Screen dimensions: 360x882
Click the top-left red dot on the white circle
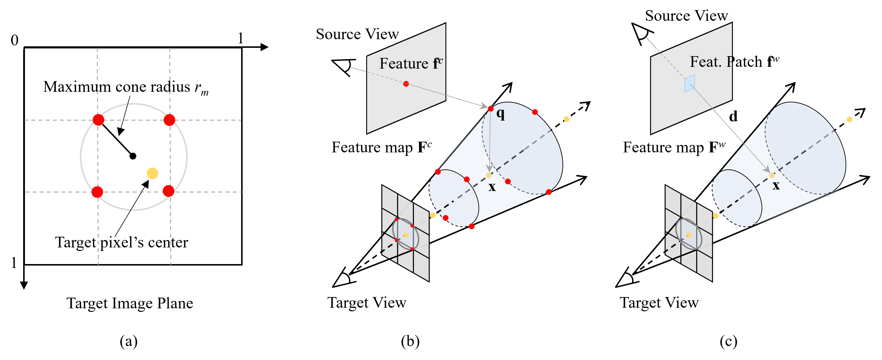pyautogui.click(x=98, y=120)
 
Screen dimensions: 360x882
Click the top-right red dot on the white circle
pyautogui.click(x=169, y=120)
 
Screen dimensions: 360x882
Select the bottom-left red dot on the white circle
pyautogui.click(x=97, y=192)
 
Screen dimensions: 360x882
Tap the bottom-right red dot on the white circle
pyautogui.click(x=168, y=191)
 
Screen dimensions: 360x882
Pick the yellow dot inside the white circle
pyautogui.click(x=152, y=173)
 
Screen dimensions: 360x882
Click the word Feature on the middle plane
pyautogui.click(x=404, y=64)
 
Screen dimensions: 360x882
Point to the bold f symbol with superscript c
pyautogui.click(x=437, y=63)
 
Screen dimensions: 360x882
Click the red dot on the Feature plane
pyautogui.click(x=406, y=83)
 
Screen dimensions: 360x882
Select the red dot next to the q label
pyautogui.click(x=491, y=109)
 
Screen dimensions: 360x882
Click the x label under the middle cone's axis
pyautogui.click(x=492, y=187)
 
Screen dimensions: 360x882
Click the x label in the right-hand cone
pyautogui.click(x=776, y=186)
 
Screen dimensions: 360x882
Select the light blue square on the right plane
pyautogui.click(x=689, y=83)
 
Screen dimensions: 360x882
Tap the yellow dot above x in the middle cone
pyautogui.click(x=489, y=175)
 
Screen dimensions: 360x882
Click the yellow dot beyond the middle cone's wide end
pyautogui.click(x=567, y=119)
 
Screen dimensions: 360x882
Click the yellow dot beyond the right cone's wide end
pyautogui.click(x=849, y=119)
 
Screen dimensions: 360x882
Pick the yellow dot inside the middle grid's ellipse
pyautogui.click(x=406, y=235)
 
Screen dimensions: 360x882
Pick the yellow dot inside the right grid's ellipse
pyautogui.click(x=689, y=235)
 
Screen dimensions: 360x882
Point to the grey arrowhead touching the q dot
pyautogui.click(x=484, y=106)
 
